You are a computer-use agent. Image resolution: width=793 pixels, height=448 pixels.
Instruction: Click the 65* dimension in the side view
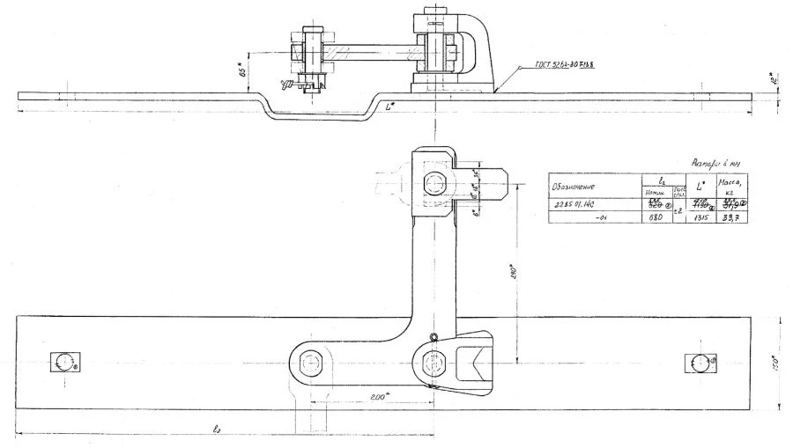[x=241, y=70]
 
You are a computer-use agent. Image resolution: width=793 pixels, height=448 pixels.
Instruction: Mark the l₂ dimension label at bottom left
[x=216, y=429]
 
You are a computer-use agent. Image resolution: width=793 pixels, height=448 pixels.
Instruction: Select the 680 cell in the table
[x=655, y=217]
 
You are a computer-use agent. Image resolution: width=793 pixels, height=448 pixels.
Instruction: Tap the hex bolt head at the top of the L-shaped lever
[x=435, y=184]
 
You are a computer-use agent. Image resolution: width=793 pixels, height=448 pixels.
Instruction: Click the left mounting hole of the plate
[x=63, y=362]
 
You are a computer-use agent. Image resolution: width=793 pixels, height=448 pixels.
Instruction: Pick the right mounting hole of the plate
[x=699, y=362]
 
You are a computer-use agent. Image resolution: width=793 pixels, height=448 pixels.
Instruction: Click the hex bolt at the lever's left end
[x=310, y=362]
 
